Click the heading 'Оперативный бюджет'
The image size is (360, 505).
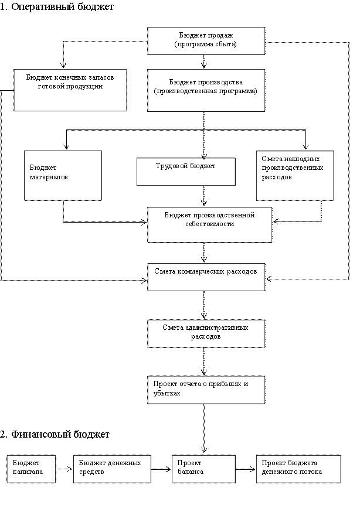point(62,7)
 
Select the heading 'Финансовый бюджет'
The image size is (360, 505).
point(60,435)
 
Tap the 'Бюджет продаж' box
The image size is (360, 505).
point(206,41)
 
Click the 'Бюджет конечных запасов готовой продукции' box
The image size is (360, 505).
point(70,90)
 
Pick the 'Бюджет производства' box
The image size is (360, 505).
point(206,90)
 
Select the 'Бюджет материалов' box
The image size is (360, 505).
point(63,176)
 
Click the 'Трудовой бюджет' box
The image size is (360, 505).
point(186,172)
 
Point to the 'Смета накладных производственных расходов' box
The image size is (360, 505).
point(296,176)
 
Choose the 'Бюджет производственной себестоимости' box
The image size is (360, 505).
point(210,224)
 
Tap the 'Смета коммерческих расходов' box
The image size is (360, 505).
point(206,277)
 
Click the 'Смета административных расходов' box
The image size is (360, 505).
point(206,334)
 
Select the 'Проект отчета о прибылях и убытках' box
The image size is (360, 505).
point(206,390)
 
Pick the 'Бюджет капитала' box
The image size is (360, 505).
point(31,469)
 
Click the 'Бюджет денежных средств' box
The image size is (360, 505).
point(112,469)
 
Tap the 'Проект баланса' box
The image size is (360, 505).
point(203,469)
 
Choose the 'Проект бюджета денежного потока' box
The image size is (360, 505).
point(299,469)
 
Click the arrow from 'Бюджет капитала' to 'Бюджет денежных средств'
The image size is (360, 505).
point(64,469)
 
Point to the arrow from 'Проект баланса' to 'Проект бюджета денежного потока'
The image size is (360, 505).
point(246,469)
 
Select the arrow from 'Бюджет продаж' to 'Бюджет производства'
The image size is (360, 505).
point(203,62)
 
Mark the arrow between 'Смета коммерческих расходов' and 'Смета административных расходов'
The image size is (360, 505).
point(203,305)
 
